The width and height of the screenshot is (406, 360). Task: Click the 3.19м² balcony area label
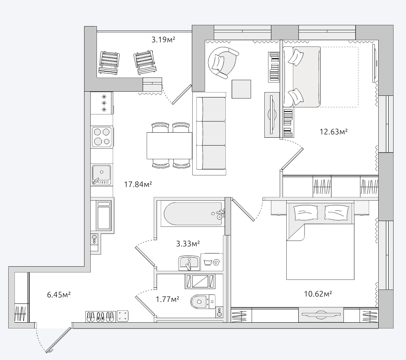pyautogui.click(x=163, y=40)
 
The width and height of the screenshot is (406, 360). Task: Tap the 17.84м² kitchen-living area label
pyautogui.click(x=138, y=184)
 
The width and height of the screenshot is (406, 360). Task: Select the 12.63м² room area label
pyautogui.click(x=333, y=131)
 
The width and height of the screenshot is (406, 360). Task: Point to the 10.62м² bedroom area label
pyautogui.click(x=318, y=294)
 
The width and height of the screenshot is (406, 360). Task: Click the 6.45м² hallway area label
pyautogui.click(x=59, y=295)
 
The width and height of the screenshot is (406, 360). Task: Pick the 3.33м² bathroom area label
pyautogui.click(x=188, y=243)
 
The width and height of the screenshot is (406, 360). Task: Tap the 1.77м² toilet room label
pyautogui.click(x=167, y=299)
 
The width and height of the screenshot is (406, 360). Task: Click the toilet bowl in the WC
pyautogui.click(x=203, y=302)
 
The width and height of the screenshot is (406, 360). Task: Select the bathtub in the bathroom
pyautogui.click(x=193, y=214)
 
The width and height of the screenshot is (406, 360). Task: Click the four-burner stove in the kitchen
pyautogui.click(x=102, y=137)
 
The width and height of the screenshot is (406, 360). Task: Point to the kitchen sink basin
pyautogui.click(x=101, y=175)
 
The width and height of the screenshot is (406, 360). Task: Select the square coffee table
pyautogui.click(x=241, y=89)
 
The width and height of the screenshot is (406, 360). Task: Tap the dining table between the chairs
pyautogui.click(x=169, y=146)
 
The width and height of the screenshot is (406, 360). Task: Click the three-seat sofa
pyautogui.click(x=209, y=134)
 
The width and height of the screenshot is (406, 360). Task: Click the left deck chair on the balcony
pyautogui.click(x=109, y=62)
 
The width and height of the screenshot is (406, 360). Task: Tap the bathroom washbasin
pyautogui.click(x=189, y=263)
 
